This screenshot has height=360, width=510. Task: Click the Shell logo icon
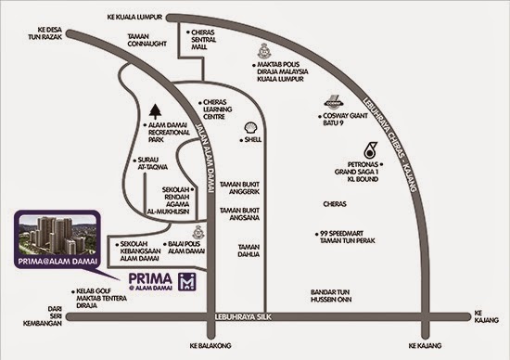(x=249, y=125)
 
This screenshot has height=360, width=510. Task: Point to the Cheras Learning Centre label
(x=223, y=109)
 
